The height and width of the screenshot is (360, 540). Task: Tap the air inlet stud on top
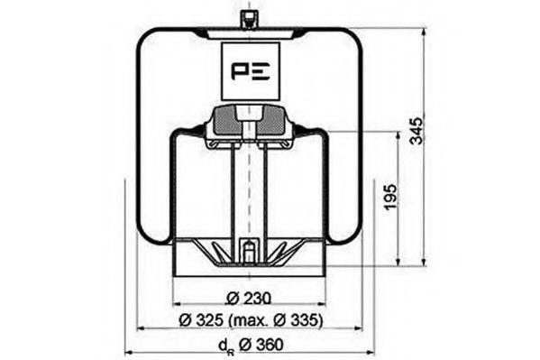pos(246,18)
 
